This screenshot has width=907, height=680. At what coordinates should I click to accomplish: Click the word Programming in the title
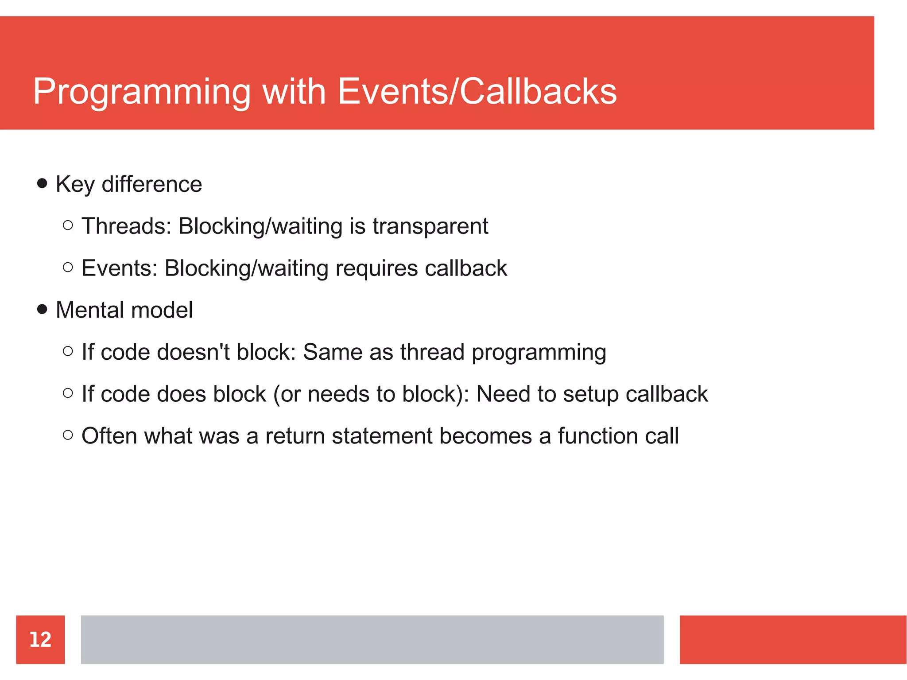[142, 92]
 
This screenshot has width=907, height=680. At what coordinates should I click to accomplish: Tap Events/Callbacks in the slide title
[477, 91]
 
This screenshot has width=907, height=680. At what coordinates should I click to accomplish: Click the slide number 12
[40, 639]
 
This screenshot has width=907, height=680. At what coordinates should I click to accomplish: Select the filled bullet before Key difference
[42, 183]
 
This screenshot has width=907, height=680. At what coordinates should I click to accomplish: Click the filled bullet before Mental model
[42, 309]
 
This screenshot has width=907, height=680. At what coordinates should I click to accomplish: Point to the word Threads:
[126, 226]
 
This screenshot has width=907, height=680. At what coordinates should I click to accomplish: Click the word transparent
[430, 226]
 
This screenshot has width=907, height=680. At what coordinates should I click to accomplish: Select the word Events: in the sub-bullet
[120, 268]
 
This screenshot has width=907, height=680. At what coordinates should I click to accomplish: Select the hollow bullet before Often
[68, 435]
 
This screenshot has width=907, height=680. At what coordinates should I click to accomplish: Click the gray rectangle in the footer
[372, 639]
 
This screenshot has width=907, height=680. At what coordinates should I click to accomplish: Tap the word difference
[151, 184]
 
